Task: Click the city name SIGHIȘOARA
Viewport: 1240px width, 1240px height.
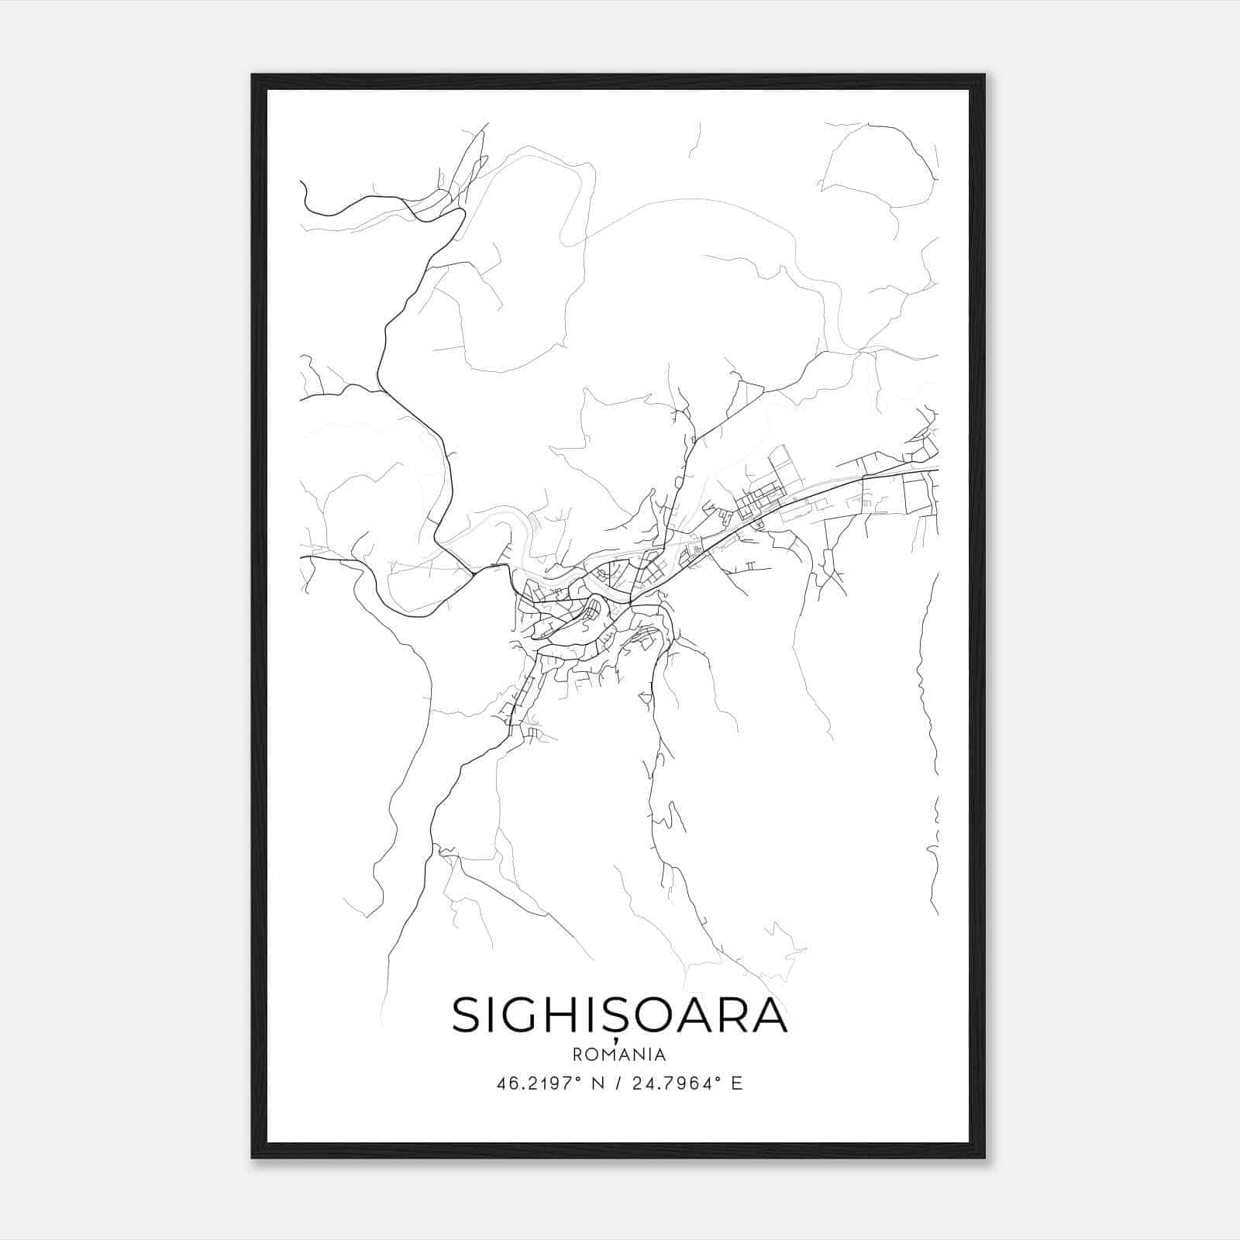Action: coord(619,1015)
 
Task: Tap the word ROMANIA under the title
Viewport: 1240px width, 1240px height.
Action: coord(619,1055)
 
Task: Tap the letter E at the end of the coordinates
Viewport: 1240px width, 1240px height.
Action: coord(737,1083)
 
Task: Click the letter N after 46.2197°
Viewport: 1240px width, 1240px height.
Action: coord(596,1083)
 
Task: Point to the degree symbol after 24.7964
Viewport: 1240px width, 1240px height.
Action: coord(720,1078)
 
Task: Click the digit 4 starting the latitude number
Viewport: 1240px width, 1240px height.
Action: coord(500,1083)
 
